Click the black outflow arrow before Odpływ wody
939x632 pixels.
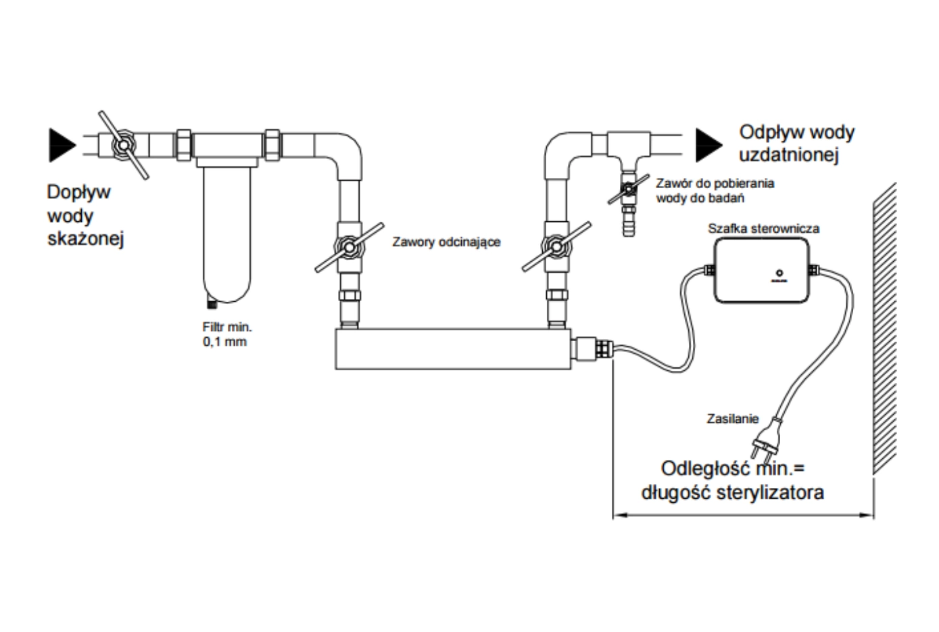pos(709,145)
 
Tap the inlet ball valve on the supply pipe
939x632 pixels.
pos(123,145)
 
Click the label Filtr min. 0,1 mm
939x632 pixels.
pos(226,334)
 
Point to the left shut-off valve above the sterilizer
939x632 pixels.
pos(350,248)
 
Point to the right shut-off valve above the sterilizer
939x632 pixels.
pos(556,247)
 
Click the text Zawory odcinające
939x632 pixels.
pos(446,242)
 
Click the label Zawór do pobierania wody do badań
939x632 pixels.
pos(715,191)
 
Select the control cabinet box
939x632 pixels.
pos(761,270)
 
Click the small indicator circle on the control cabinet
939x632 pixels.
pos(779,273)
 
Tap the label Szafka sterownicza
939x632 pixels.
pos(764,229)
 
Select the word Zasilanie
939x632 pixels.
pos(733,419)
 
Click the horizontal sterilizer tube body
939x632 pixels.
pos(453,349)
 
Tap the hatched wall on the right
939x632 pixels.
pos(884,329)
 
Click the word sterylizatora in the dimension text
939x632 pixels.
pos(770,493)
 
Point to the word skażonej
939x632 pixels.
pos(85,240)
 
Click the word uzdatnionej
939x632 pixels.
pos(789,155)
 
